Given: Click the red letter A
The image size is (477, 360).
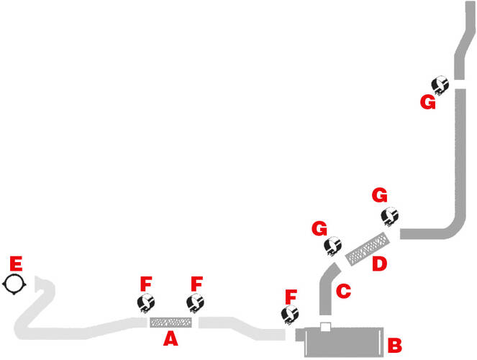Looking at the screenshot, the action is (x=171, y=338).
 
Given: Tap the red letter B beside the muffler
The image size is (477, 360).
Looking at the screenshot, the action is (x=394, y=345).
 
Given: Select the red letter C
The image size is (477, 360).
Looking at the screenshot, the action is (x=343, y=291).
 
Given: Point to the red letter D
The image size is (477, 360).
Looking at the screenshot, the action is (x=379, y=264).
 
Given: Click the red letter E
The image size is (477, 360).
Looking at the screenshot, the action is (x=16, y=264).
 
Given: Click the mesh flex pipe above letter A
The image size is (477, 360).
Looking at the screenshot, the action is (x=171, y=323).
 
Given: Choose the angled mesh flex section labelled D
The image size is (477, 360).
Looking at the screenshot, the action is (x=368, y=248).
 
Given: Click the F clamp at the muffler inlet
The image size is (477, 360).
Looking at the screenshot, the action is (x=290, y=315).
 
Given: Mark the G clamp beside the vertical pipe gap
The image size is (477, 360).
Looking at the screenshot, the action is (x=440, y=85).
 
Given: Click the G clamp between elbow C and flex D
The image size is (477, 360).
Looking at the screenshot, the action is (x=332, y=246).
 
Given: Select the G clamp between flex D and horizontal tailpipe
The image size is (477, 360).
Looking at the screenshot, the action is (x=390, y=217).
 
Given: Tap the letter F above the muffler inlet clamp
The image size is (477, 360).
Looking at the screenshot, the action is (x=291, y=297).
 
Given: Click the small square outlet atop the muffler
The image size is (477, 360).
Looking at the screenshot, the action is (x=325, y=327).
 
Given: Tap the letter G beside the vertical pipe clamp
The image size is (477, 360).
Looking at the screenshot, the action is (x=428, y=102).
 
